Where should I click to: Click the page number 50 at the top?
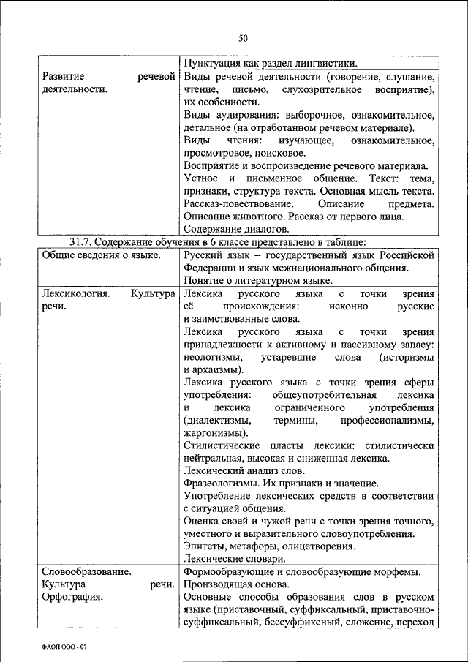tap(244, 38)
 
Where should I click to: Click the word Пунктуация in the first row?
tap(214, 63)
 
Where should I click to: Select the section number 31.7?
tap(80, 242)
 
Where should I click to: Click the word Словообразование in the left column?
tap(86, 571)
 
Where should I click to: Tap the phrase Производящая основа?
tap(236, 584)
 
